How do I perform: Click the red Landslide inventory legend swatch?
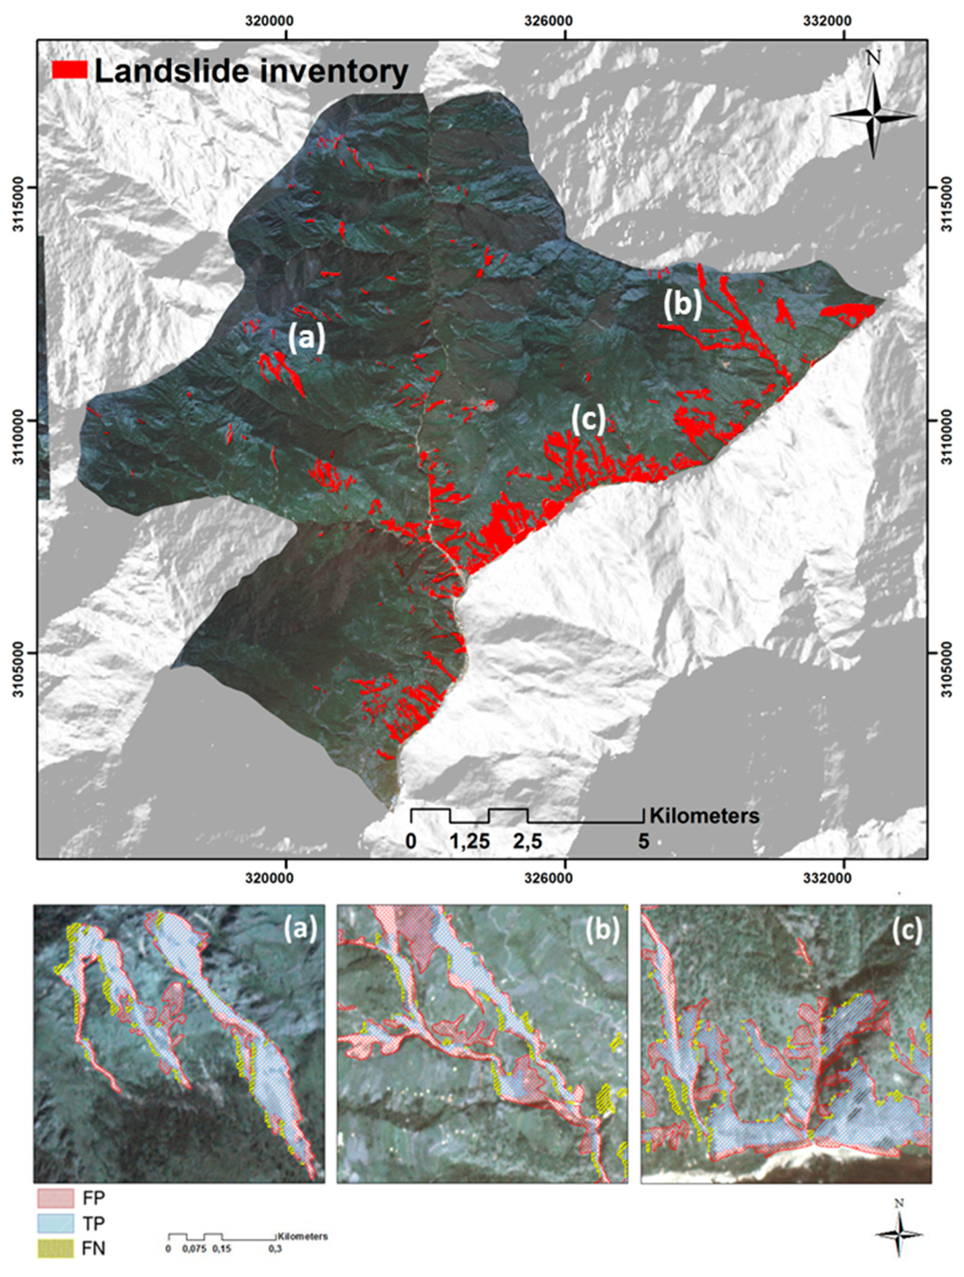69,70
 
